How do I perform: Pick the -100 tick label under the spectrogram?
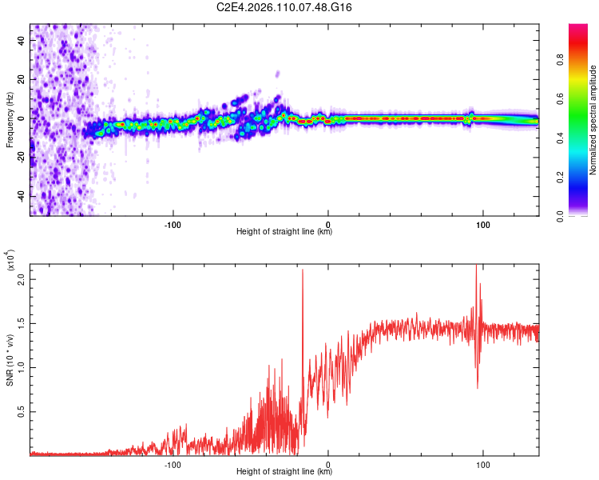[173, 223]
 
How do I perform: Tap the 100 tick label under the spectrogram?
[483, 223]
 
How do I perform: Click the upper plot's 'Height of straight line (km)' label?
[284, 232]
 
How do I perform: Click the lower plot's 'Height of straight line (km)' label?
[284, 472]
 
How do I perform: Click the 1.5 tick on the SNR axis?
[22, 326]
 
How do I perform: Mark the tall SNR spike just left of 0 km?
[303, 272]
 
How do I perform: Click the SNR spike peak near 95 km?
[477, 267]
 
